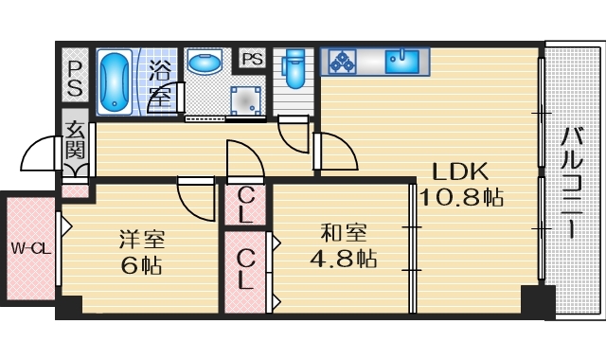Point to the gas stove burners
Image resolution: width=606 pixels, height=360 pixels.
341,62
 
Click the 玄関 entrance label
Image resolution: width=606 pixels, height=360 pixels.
75,138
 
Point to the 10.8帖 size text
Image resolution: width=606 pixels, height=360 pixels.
460,198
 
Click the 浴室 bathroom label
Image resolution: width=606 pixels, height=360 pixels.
160,82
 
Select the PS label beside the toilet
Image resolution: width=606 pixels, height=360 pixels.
252,59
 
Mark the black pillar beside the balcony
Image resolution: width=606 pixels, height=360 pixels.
537,301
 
